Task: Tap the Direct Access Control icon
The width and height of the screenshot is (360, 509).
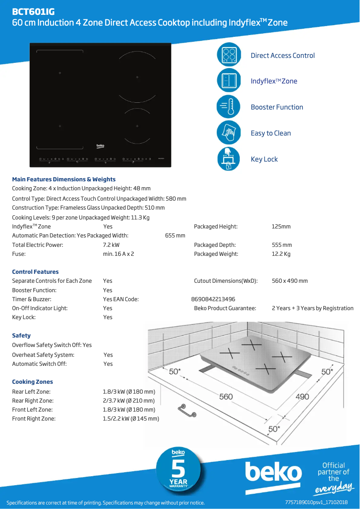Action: [x=229, y=55]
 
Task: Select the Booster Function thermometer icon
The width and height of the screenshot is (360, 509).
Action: [x=229, y=107]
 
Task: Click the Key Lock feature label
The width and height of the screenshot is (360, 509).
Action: [x=264, y=159]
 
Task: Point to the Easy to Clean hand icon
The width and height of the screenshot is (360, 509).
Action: [x=229, y=133]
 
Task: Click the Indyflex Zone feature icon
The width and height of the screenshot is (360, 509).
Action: [x=229, y=81]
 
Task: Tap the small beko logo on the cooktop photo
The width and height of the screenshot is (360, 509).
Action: [x=101, y=146]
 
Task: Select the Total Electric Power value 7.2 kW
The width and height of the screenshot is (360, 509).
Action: [x=111, y=245]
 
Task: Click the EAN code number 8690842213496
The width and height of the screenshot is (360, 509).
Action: [x=213, y=299]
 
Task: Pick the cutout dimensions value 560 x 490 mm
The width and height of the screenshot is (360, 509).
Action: [x=290, y=281]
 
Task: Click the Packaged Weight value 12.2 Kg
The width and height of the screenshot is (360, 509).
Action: [x=281, y=254]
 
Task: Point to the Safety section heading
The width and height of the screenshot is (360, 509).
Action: [x=22, y=336]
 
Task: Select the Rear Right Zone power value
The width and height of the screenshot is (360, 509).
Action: [x=129, y=401]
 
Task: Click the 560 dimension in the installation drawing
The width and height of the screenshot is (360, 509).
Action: [x=226, y=397]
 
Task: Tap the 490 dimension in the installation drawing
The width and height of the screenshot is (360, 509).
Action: [x=302, y=397]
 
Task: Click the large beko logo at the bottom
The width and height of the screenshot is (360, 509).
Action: [x=273, y=473]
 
